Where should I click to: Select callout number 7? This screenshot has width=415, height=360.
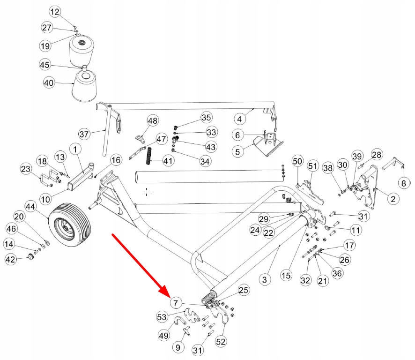[176, 302]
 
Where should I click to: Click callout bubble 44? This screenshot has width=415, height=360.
[31, 207]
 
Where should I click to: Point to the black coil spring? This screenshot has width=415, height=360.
[150, 156]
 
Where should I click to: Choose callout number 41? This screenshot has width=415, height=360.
[168, 160]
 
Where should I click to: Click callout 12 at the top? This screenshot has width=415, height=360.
[55, 12]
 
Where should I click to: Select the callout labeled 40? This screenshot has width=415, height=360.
[49, 83]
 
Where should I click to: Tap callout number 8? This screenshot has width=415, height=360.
[404, 183]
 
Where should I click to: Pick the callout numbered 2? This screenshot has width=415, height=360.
[393, 198]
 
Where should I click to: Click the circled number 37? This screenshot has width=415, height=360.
[84, 134]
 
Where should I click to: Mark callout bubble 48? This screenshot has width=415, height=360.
[152, 121]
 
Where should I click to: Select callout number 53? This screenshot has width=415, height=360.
[162, 317]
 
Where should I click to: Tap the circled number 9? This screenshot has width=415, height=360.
[178, 347]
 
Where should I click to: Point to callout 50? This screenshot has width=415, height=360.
[297, 161]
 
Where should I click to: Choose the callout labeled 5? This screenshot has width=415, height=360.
[237, 152]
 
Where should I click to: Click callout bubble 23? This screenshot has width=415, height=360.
[26, 169]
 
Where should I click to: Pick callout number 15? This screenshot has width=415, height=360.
[286, 276]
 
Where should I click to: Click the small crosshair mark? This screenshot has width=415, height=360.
[146, 192]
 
